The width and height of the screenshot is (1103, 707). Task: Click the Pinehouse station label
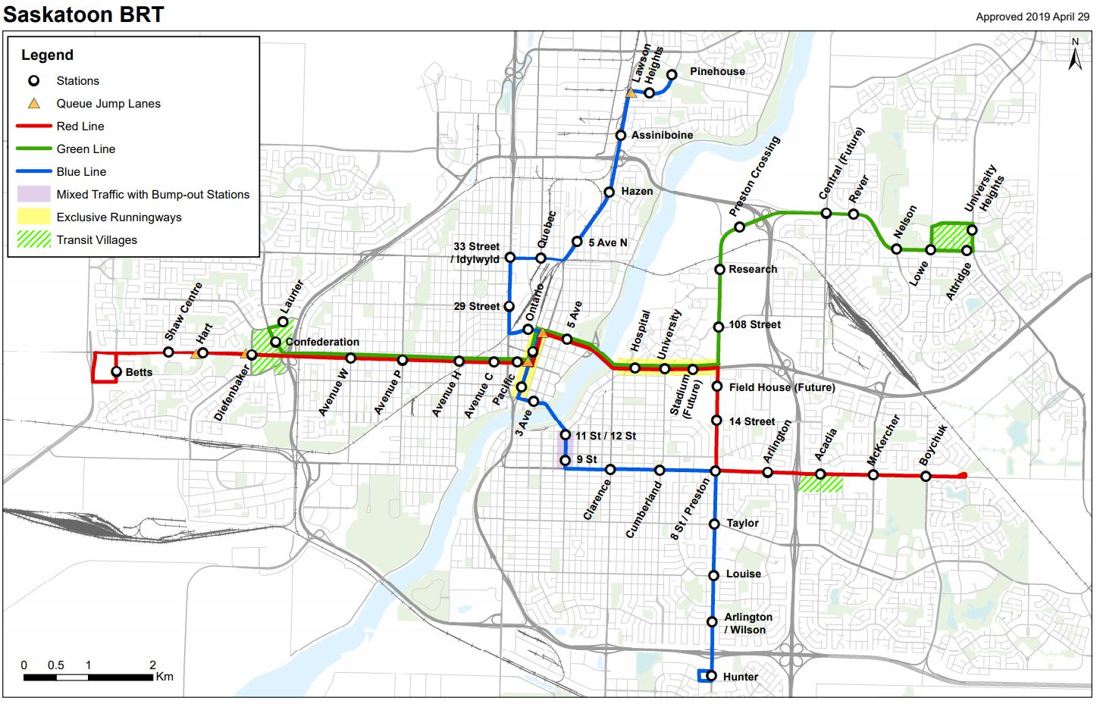click(717, 71)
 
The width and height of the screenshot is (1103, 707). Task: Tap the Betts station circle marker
click(116, 372)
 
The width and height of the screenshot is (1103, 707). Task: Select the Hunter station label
click(741, 677)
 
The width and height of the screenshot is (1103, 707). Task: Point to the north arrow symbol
click(1075, 55)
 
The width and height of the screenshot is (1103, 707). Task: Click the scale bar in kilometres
click(88, 677)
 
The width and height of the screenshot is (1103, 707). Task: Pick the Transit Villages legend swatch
click(34, 239)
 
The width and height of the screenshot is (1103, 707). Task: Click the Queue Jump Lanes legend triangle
click(34, 104)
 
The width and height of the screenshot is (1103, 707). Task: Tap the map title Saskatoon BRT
click(83, 14)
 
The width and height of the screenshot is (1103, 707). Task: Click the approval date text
click(1032, 17)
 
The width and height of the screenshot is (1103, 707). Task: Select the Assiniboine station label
click(662, 135)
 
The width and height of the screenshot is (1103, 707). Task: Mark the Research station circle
click(720, 270)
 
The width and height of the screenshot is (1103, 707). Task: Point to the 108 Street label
click(754, 324)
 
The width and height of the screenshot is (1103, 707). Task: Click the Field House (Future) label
click(782, 387)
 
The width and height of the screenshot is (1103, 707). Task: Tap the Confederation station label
click(322, 342)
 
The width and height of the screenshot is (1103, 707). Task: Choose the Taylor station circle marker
click(714, 524)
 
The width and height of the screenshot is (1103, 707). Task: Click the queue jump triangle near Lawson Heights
click(631, 92)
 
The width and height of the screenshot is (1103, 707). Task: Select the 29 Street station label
click(477, 306)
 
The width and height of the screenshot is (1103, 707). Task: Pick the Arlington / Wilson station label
click(747, 624)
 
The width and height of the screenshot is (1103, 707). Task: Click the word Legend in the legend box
click(47, 55)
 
